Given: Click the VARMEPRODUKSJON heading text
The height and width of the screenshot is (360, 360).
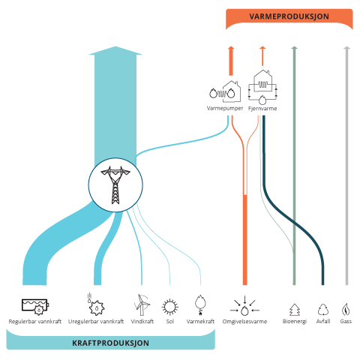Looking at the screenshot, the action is (x=289, y=16).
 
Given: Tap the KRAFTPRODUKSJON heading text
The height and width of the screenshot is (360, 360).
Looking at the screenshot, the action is (x=110, y=343).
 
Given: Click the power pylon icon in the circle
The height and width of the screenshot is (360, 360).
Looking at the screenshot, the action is (x=115, y=184).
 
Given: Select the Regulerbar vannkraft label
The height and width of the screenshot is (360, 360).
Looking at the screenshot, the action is (x=35, y=322).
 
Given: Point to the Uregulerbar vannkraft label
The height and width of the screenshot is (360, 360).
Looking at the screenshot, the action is (x=96, y=322).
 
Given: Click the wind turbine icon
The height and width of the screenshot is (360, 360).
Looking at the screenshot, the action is (x=142, y=305).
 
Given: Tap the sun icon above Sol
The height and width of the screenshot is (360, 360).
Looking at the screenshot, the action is (x=170, y=307).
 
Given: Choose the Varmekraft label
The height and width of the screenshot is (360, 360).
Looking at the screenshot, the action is (x=200, y=322).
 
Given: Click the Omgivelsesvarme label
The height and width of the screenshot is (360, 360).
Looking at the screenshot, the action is (x=244, y=322).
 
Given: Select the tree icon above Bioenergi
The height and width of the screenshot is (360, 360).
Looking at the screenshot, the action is (x=295, y=310).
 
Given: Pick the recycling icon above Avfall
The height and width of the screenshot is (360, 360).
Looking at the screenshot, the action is (x=323, y=310).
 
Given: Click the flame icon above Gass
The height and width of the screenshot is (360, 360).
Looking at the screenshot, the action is (x=346, y=310).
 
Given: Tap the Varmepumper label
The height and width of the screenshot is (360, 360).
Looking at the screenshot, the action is (x=225, y=109).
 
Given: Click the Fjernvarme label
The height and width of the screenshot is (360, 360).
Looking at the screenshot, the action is (x=262, y=109).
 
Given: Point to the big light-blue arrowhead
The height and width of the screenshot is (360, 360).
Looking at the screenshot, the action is (x=115, y=50).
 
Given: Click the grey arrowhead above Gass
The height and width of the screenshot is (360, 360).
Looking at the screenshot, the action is (x=346, y=48).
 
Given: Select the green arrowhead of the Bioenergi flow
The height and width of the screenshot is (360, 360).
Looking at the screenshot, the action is (x=295, y=48).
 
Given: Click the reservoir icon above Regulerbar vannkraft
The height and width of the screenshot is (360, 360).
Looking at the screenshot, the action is (x=35, y=307).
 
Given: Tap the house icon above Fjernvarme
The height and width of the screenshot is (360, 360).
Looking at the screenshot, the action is (x=262, y=87).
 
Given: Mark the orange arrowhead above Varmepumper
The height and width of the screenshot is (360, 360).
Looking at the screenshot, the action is (x=231, y=48).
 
